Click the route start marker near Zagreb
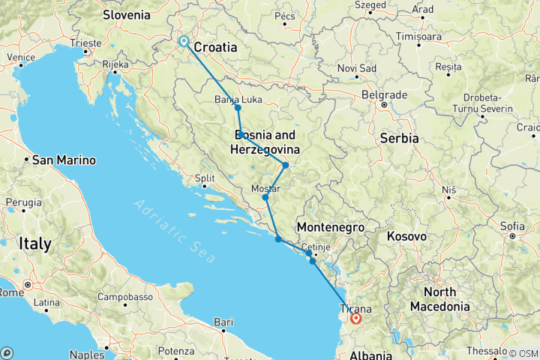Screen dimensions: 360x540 184,43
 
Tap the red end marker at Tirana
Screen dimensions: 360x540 356,319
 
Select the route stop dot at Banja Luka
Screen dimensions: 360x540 238,108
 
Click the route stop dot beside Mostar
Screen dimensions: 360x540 265,198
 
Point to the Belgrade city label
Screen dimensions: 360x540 383,95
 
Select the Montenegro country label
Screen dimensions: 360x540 330,227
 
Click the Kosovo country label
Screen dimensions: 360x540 406,236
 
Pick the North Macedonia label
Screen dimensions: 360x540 447,299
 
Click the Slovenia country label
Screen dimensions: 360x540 126,15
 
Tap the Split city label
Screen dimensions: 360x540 205,178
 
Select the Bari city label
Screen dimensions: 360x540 222,322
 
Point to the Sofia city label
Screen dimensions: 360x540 512,226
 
